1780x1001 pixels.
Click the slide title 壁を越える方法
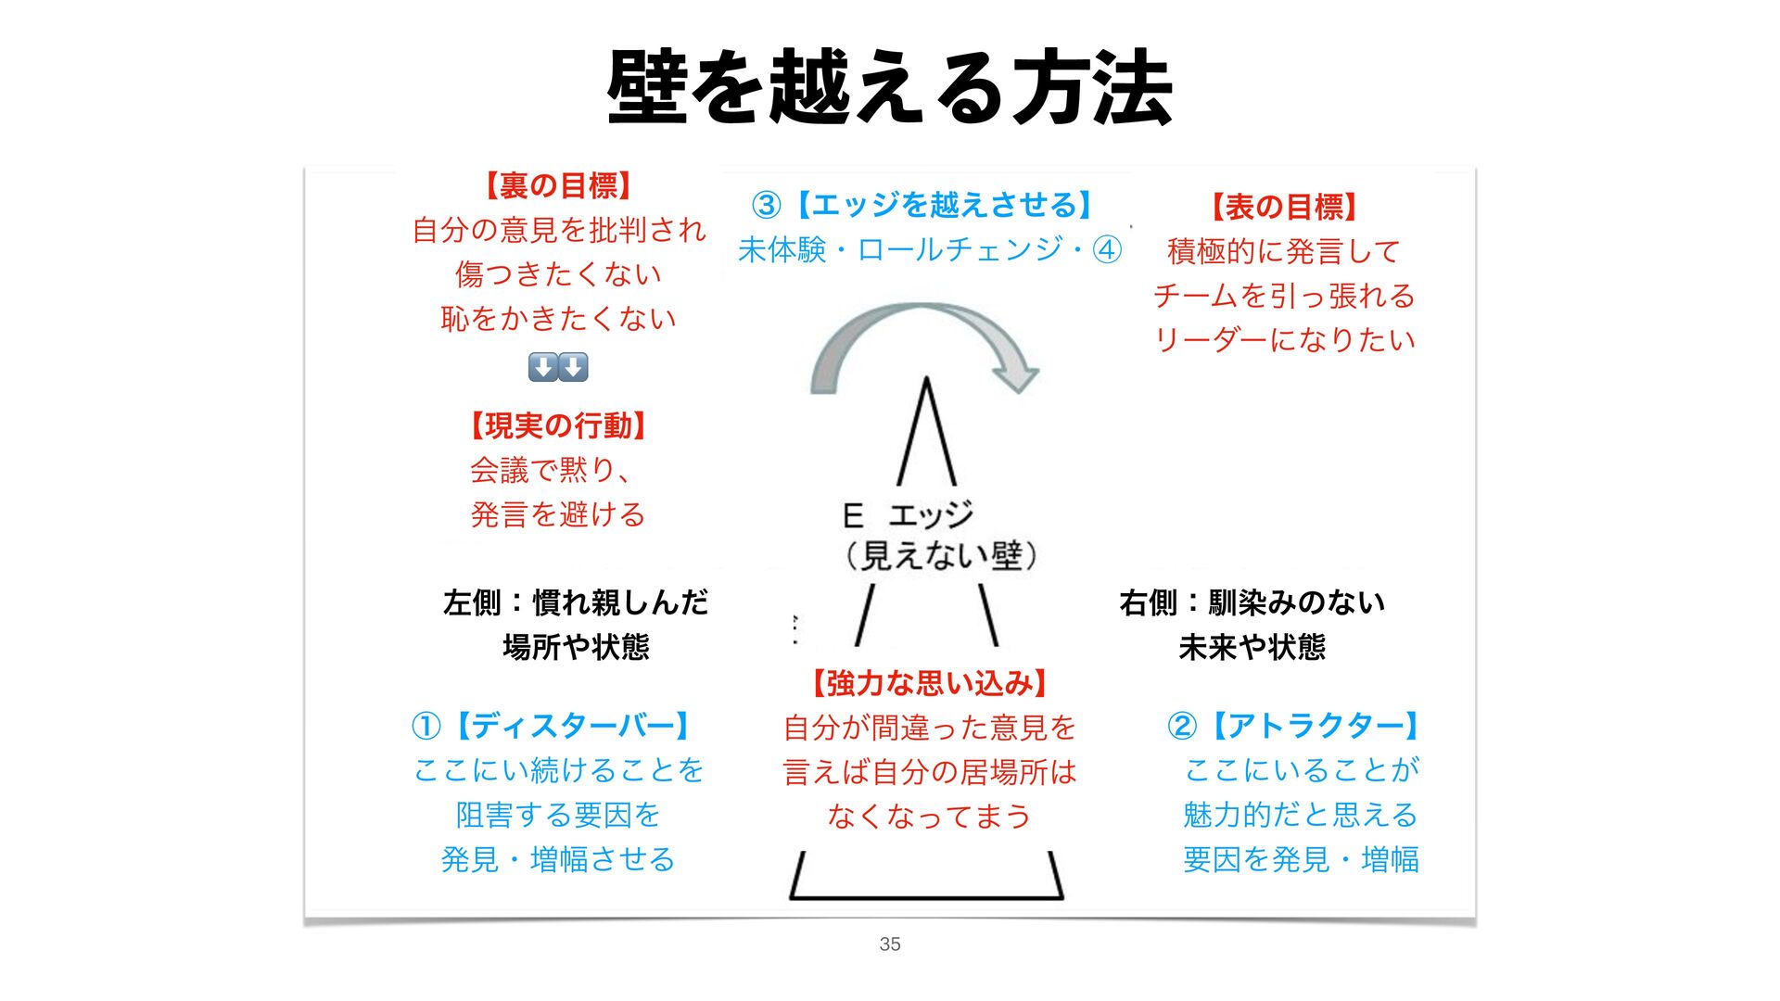890,88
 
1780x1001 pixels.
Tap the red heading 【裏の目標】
558,185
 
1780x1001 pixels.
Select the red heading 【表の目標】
1284,206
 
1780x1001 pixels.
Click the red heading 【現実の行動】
558,425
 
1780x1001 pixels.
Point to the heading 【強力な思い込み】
929,683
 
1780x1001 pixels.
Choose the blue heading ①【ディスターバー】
553,725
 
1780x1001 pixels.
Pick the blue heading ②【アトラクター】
1294,725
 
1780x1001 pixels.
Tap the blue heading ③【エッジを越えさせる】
923,204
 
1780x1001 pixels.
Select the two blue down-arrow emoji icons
558,367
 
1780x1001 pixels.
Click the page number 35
890,944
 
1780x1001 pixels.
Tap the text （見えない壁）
940,555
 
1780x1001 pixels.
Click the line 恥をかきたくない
558,318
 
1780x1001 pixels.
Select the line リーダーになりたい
1284,339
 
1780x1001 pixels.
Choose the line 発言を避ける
558,513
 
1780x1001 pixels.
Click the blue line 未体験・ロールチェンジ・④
930,249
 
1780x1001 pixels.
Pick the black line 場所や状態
576,646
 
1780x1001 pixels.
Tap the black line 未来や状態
1252,646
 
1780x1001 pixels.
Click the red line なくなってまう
929,816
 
